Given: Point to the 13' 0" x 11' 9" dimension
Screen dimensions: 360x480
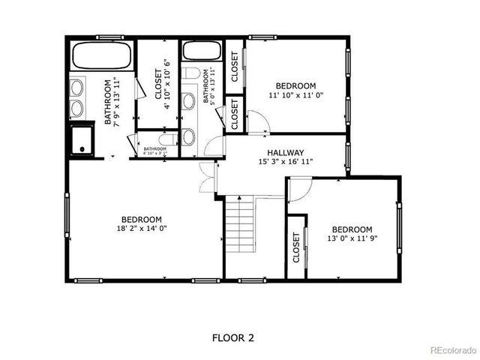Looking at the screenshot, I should (352, 240).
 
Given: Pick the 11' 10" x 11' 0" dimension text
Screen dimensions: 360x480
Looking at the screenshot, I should (295, 96).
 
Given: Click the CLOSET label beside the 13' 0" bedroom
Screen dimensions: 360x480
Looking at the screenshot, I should (296, 247).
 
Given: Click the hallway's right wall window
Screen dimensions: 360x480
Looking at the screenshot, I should (347, 155).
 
